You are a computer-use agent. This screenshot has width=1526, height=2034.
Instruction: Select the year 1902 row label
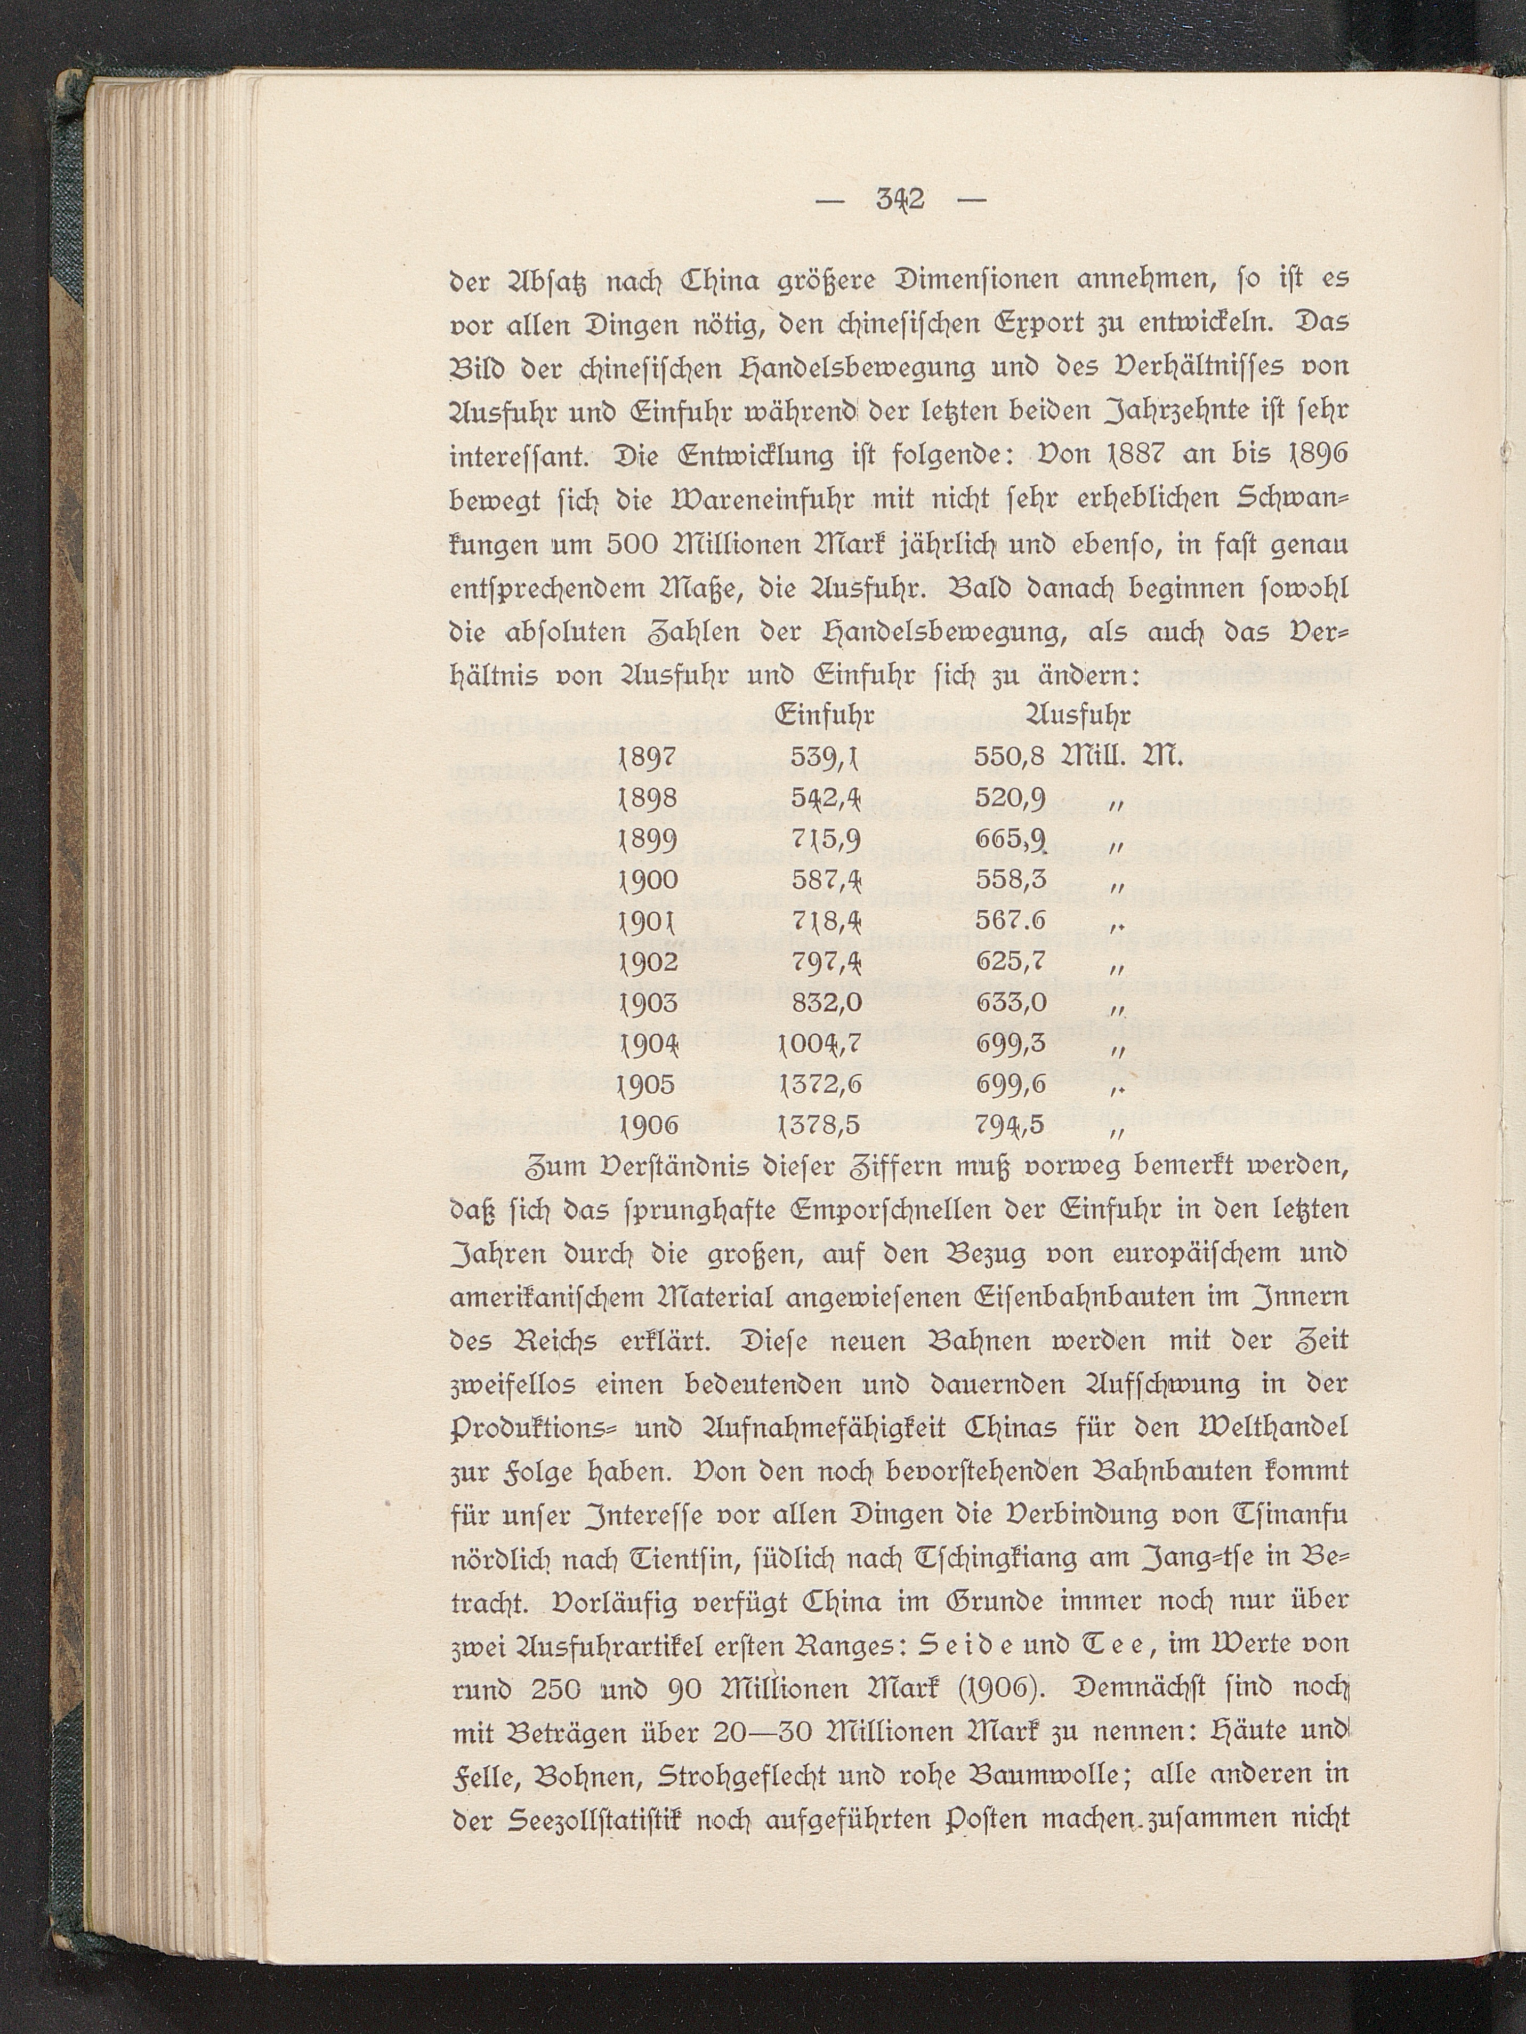click(650, 962)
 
